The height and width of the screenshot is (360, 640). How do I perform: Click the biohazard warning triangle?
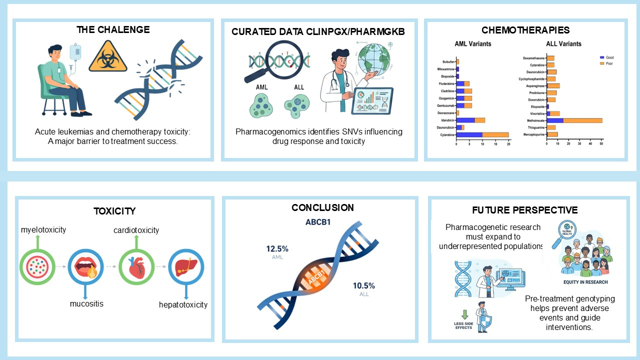coord(104,62)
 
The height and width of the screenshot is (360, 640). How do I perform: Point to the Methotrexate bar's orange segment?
coord(582,120)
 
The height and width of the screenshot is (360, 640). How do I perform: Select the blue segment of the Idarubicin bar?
coord(465,120)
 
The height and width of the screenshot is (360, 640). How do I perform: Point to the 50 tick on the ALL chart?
coord(601,144)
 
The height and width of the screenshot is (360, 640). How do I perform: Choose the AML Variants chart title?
coord(472,43)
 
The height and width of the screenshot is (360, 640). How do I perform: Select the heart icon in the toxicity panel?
coord(136,267)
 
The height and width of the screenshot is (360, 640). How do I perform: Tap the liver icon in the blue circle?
coord(185,267)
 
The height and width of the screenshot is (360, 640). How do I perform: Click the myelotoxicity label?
coord(43,229)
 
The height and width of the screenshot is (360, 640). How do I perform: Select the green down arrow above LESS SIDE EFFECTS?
coord(464,314)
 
